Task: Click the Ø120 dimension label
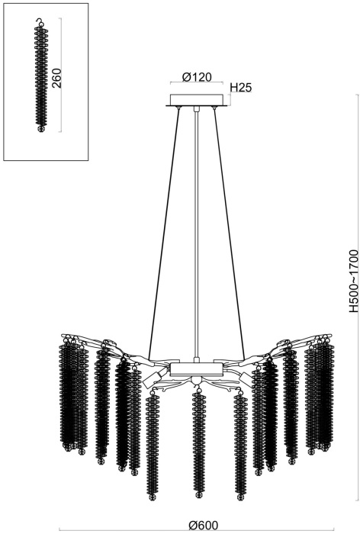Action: point(197,77)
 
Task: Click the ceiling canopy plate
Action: point(197,100)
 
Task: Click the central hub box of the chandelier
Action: point(197,368)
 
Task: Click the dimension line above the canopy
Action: point(197,85)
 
